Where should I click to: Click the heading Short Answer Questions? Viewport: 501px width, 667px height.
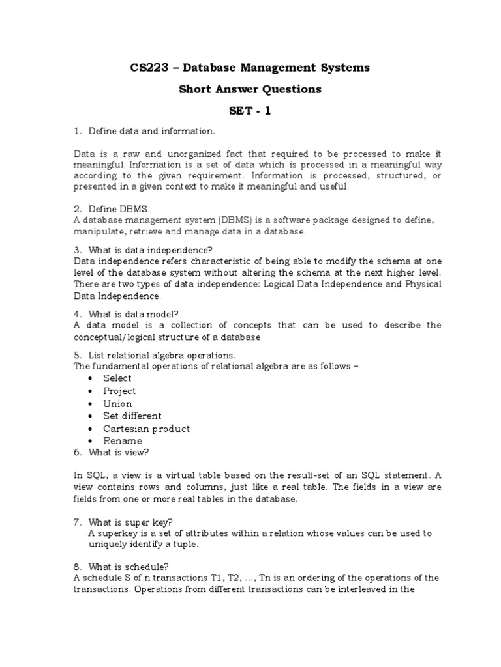250,89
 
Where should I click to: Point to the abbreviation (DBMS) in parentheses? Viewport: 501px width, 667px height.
220,221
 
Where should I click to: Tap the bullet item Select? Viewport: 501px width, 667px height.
117,378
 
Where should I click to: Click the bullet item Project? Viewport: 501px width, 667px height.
119,391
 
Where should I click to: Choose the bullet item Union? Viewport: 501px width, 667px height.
117,403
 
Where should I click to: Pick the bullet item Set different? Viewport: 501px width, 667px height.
132,416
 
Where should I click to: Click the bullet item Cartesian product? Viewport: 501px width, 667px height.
147,429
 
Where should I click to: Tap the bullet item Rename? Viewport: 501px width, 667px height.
123,441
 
